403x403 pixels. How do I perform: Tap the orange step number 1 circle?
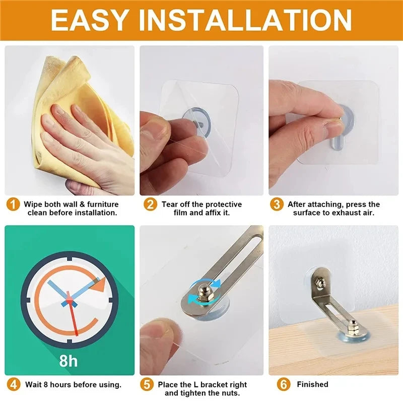(14, 205)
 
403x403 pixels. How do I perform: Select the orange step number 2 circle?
(150, 205)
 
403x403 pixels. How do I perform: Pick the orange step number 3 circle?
(277, 205)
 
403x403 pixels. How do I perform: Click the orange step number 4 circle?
(14, 384)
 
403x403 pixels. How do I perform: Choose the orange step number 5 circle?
(147, 384)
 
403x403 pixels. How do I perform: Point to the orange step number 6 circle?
(285, 384)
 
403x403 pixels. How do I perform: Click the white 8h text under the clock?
(70, 361)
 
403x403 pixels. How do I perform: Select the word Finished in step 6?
(312, 384)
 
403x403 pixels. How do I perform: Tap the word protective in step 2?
(222, 205)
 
